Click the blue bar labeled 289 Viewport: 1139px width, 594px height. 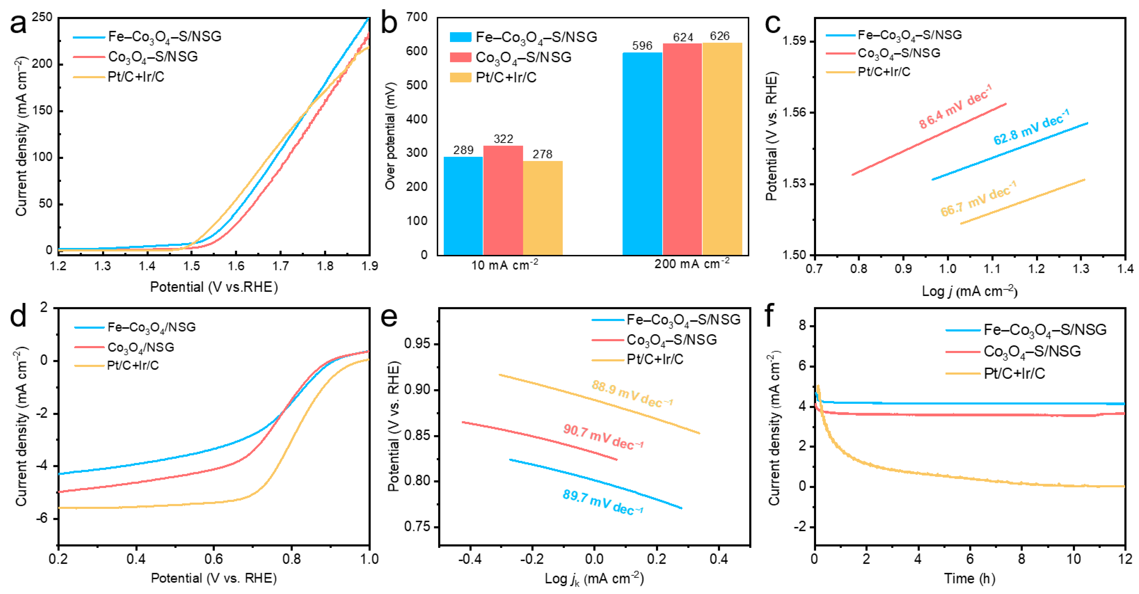463,206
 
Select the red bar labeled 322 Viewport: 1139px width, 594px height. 503,200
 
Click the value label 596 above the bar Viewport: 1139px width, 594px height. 642,46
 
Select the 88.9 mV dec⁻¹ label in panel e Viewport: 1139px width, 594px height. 632,393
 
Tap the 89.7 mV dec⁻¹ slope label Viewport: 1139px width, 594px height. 602,502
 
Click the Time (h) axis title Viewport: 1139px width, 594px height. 969,578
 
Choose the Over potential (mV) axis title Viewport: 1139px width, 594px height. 389,136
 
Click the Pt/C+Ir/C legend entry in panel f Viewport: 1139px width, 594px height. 1014,374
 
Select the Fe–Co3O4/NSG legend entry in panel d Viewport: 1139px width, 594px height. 151,327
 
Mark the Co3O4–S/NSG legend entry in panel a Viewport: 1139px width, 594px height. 153,57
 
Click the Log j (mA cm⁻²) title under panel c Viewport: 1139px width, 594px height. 969,291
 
